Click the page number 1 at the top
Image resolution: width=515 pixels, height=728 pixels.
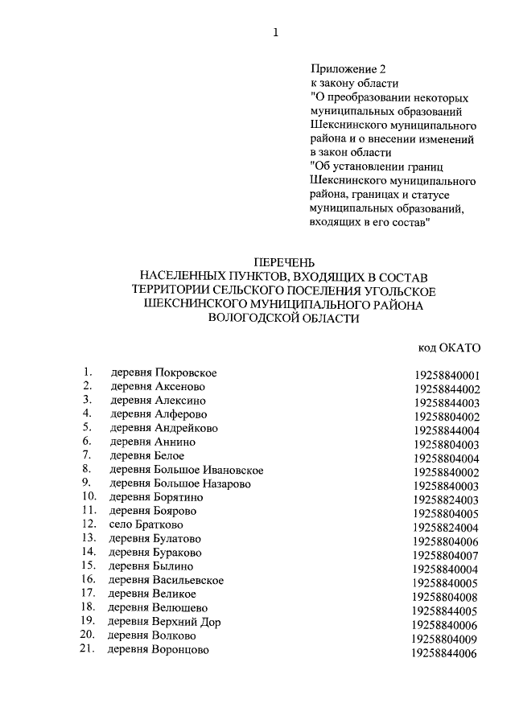click(276, 32)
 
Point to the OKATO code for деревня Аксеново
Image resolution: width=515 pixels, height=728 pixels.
click(447, 389)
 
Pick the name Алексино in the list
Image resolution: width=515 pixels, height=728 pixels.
click(179, 400)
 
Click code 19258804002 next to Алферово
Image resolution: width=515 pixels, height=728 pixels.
click(447, 417)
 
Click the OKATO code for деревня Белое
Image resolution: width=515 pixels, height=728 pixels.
click(447, 459)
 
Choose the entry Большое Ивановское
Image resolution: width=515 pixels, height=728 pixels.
click(208, 470)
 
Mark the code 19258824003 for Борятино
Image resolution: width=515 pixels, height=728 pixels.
click(446, 500)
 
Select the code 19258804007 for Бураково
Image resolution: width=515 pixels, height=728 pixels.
click(446, 555)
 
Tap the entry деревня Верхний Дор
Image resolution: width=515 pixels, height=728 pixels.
click(164, 622)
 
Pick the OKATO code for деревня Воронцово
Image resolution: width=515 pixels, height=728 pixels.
click(444, 653)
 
